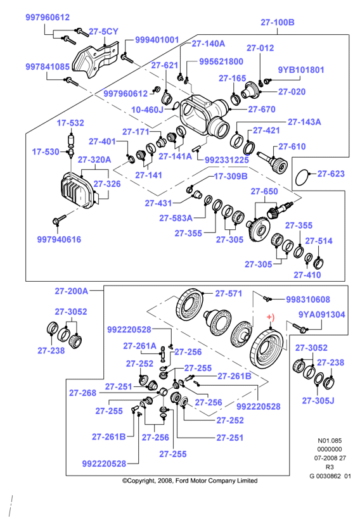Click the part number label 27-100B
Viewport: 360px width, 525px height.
coord(277,22)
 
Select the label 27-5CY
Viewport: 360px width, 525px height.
coord(103,32)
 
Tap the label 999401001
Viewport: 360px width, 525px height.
coord(157,40)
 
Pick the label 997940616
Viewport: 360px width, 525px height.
coord(59,239)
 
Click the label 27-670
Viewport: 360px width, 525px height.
coord(262,109)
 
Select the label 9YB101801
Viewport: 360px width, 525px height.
coord(301,70)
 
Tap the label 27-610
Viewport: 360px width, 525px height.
coord(292,147)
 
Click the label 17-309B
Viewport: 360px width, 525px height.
coord(231,176)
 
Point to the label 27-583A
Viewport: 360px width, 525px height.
coord(176,218)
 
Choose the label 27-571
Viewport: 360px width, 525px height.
coord(228,294)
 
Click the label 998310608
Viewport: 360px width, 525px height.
coord(307,300)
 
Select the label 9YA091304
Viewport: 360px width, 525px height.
coord(322,315)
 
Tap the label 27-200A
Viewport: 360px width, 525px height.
coord(72,291)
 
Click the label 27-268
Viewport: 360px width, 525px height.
coord(82,393)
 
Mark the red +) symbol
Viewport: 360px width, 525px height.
coord(270,317)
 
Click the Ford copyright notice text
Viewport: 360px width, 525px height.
coord(190,481)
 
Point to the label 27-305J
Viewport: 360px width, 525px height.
coord(318,401)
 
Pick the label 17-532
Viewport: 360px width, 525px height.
coord(70,123)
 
